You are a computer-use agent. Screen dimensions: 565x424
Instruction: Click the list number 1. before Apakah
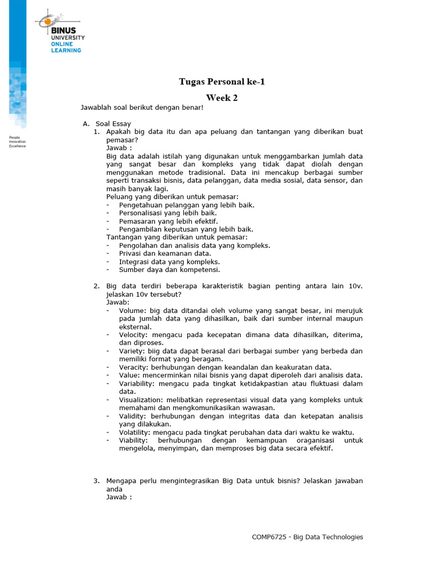96,132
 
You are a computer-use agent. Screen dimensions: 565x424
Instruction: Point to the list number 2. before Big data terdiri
96,286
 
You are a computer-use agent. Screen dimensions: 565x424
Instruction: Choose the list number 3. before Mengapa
96,481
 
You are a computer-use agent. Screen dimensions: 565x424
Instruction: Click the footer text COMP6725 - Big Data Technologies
308,537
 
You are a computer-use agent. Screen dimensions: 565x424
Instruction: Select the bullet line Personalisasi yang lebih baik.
168,213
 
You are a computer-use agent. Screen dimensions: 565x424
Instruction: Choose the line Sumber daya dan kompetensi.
169,270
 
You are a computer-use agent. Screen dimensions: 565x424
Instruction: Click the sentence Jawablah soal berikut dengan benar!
142,108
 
